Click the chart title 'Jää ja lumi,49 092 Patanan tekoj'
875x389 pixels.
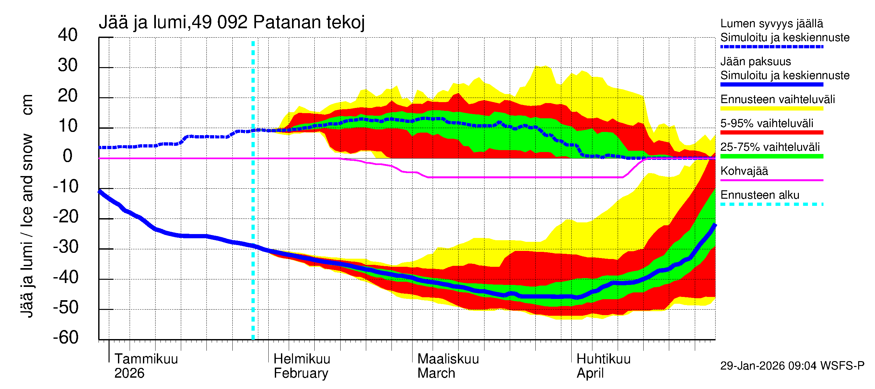[232, 22]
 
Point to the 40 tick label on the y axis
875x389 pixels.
[68, 35]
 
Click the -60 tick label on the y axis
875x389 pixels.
[65, 337]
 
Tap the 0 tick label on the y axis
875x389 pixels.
[68, 156]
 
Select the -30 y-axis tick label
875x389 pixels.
[65, 247]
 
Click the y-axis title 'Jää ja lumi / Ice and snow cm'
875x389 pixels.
[27, 206]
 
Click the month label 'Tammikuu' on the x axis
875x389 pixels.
[146, 359]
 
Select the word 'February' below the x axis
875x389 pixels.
[301, 373]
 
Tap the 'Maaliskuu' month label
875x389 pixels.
[448, 359]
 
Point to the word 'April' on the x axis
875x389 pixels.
[590, 373]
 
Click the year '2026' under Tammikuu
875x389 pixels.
[129, 373]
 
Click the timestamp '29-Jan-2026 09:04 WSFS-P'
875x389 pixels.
[792, 366]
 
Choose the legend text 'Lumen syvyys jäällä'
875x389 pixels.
[772, 23]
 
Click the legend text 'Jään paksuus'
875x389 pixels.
[755, 62]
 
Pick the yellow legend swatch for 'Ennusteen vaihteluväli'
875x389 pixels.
[772, 109]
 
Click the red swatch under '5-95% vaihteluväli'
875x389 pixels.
[772, 133]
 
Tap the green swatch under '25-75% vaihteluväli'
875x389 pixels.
[772, 156]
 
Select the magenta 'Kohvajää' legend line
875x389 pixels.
[772, 180]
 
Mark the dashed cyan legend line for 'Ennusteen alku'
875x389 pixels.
[772, 204]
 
